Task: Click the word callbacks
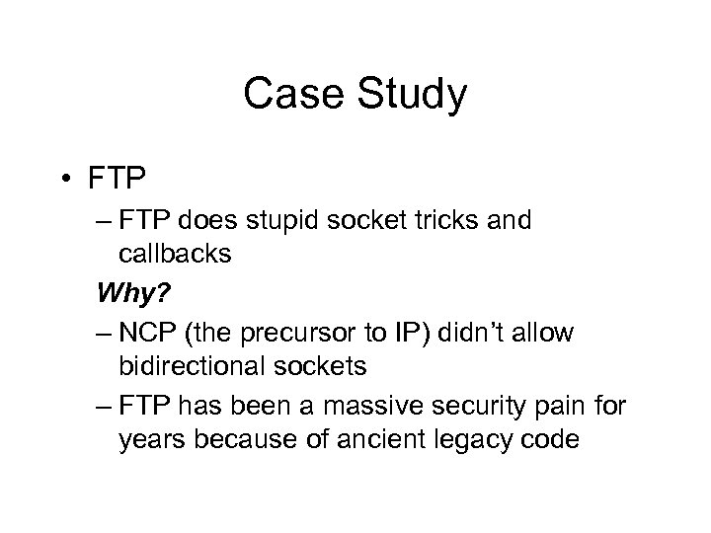[x=175, y=254]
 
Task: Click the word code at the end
[x=549, y=438]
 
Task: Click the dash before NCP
[x=104, y=332]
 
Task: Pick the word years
[x=150, y=438]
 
